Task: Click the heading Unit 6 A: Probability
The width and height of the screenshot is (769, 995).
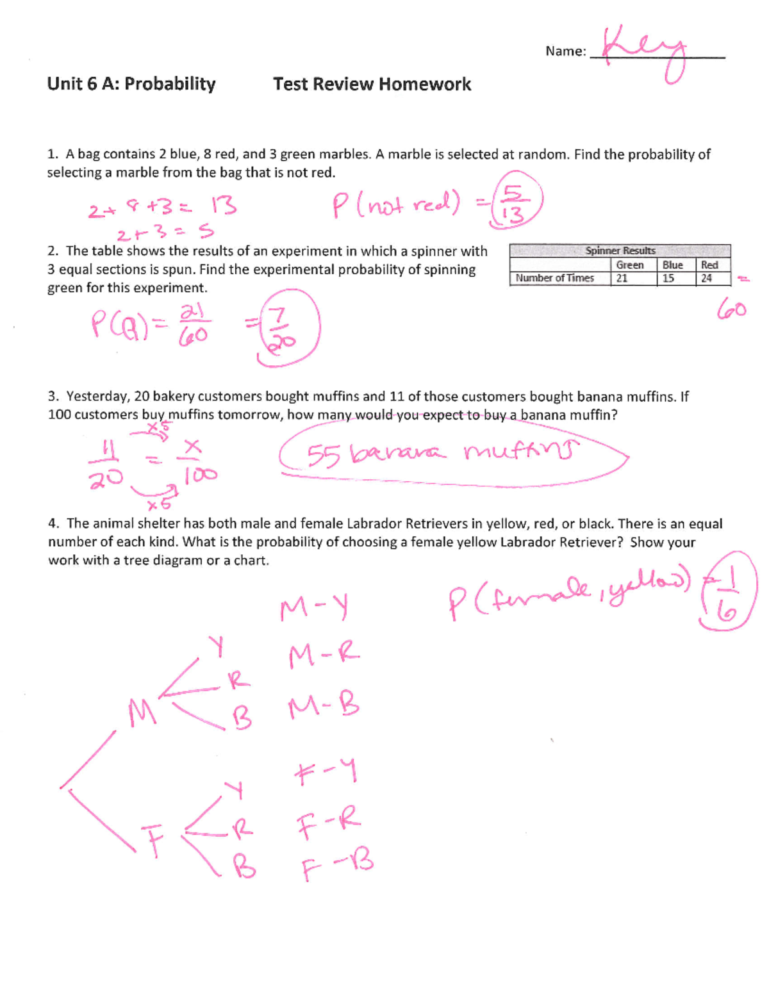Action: coord(131,84)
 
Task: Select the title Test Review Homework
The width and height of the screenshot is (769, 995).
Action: coord(372,84)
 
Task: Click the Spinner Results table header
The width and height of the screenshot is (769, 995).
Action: coord(620,251)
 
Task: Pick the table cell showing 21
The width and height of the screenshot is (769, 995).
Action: coord(622,278)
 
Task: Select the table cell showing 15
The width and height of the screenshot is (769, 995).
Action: coord(668,278)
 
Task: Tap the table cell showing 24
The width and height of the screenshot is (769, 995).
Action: coord(706,278)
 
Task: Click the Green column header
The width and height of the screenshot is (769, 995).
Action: coord(629,265)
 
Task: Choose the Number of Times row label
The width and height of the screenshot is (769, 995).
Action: coord(555,278)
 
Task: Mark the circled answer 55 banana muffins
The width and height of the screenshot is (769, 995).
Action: coord(442,455)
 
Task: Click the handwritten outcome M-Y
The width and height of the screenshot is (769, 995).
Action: coord(314,608)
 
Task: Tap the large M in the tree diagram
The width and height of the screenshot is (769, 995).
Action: coord(142,712)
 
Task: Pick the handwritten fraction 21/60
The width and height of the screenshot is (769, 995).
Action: coord(193,324)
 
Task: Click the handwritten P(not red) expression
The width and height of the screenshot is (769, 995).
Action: coord(396,205)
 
